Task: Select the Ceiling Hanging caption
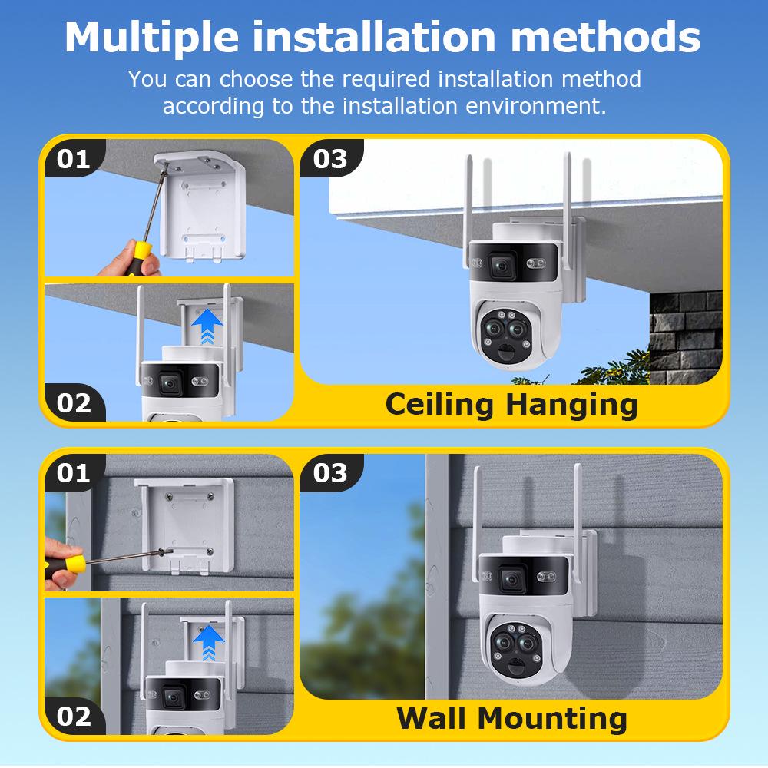click(511, 404)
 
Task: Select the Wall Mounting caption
click(511, 718)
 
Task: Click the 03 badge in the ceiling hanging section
click(330, 158)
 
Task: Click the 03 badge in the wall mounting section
click(330, 472)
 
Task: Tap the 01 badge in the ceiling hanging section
click(74, 158)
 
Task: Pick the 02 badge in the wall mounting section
click(74, 716)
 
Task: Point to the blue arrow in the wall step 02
click(208, 641)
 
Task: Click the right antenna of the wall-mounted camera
click(578, 522)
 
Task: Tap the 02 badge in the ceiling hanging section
click(74, 402)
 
